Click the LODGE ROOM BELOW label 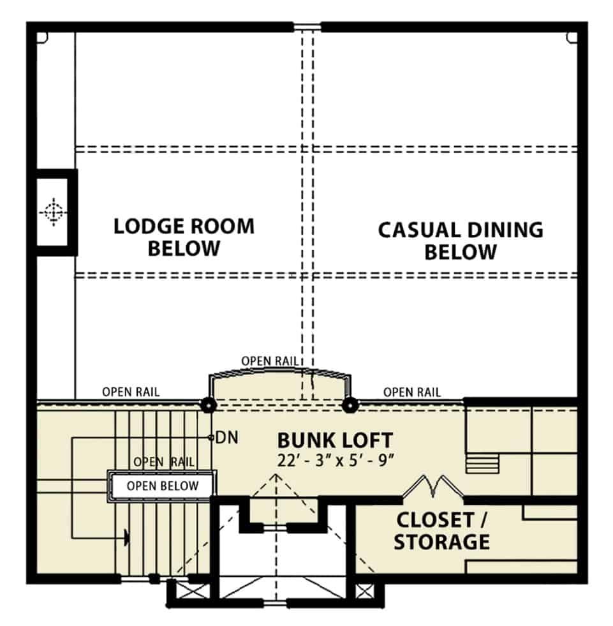click(184, 237)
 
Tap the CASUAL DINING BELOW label click(461, 241)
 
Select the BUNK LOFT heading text click(336, 440)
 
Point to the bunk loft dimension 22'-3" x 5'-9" click(336, 460)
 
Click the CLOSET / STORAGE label click(442, 531)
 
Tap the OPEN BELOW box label click(163, 486)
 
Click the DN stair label click(226, 438)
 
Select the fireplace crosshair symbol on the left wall click(53, 212)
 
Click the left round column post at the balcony click(208, 405)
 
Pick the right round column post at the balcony click(350, 405)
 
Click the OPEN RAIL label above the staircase click(131, 392)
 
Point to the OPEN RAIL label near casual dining click(412, 392)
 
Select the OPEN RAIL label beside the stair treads click(164, 462)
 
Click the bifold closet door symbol click(433, 486)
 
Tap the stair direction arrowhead click(126, 537)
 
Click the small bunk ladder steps click(482, 463)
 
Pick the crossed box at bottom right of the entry click(364, 592)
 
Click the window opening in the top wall click(307, 27)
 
